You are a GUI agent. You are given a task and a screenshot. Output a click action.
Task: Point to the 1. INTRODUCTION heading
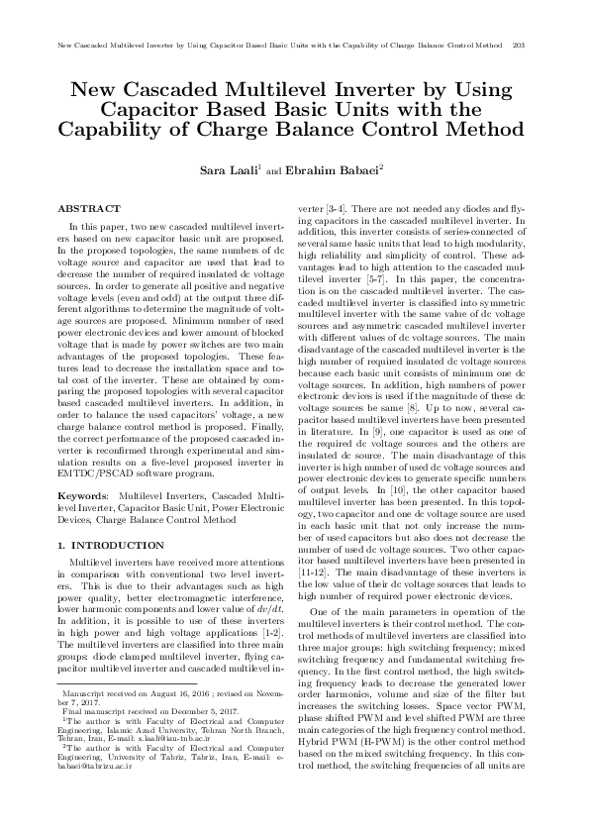[x=111, y=546]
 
